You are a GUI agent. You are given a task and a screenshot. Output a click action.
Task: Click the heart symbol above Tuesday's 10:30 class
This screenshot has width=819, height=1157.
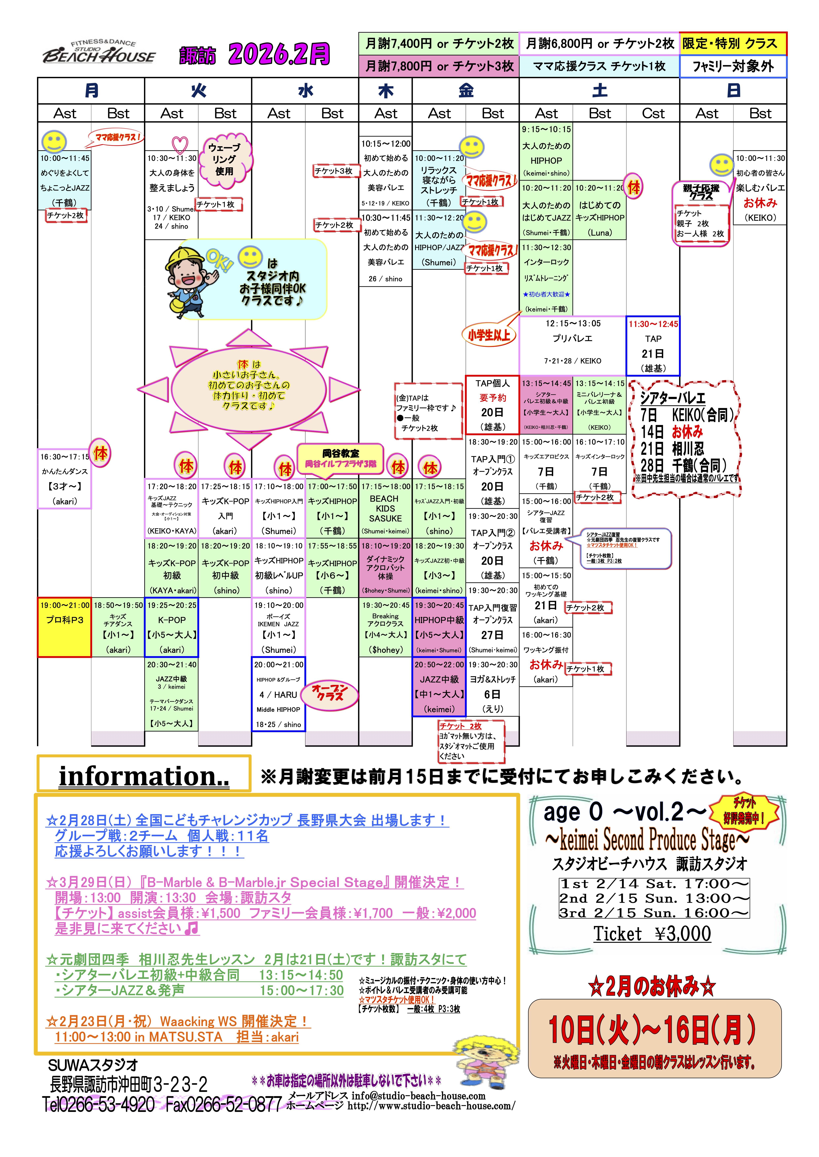tap(180, 145)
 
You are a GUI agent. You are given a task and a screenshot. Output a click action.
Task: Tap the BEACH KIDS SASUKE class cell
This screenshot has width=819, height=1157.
tap(385, 508)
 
